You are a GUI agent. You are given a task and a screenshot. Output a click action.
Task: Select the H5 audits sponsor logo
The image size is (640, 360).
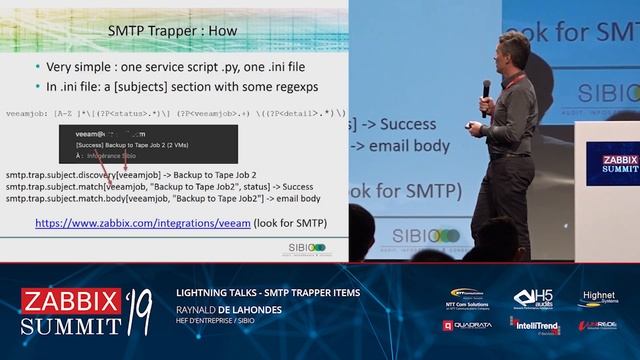tap(533, 299)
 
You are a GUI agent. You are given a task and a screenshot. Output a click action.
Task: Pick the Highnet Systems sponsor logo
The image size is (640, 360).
tap(598, 299)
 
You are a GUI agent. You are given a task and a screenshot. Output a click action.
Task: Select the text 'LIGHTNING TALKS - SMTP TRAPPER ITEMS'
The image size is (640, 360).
tap(267, 292)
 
